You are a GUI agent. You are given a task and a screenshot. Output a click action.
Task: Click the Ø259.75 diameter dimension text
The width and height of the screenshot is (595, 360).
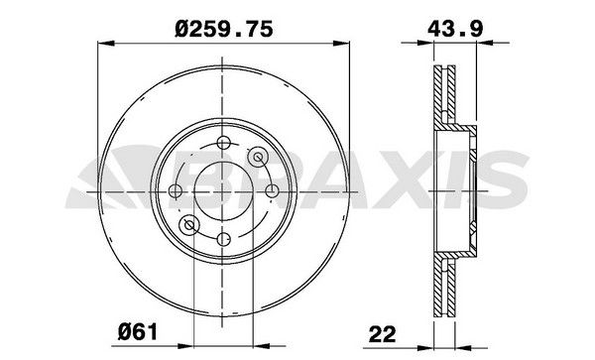tap(226, 29)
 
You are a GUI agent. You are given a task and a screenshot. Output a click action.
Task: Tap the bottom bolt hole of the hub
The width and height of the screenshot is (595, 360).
tap(224, 238)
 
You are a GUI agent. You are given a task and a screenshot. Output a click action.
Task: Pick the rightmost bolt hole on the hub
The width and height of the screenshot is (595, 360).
tap(273, 189)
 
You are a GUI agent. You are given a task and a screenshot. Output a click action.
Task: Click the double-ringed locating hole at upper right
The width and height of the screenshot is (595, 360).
tap(259, 155)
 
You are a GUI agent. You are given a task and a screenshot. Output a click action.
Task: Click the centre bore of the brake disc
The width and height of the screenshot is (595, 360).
tap(224, 189)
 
